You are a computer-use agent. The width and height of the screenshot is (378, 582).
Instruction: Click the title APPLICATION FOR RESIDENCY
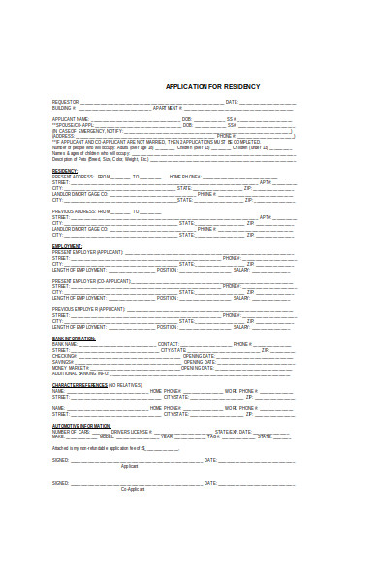pyautogui.click(x=212, y=86)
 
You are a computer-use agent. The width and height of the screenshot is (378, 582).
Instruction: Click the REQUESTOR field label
pyautogui.click(x=66, y=101)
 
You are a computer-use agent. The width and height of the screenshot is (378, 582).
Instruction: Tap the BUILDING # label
pyautogui.click(x=64, y=107)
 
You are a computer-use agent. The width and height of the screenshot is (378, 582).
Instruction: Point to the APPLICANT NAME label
pyautogui.click(x=70, y=118)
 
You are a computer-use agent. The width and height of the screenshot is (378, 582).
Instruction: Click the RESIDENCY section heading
pyautogui.click(x=65, y=170)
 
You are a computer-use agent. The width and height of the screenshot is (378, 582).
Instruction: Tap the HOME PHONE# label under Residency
pyautogui.click(x=185, y=177)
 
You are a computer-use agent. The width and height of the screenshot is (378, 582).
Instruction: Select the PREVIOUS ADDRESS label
pyautogui.click(x=74, y=210)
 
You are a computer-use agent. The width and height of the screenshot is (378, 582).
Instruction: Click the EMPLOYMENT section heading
pyautogui.click(x=67, y=246)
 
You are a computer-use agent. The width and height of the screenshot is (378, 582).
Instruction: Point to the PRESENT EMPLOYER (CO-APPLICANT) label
pyautogui.click(x=95, y=280)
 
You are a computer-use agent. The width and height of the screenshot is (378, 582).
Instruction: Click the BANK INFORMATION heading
pyautogui.click(x=74, y=338)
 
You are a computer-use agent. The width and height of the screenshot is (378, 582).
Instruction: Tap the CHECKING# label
pyautogui.click(x=64, y=356)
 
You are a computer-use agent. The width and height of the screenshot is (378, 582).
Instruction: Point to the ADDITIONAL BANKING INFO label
pyautogui.click(x=80, y=373)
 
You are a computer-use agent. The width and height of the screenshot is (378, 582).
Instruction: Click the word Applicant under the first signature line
pyautogui.click(x=129, y=467)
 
